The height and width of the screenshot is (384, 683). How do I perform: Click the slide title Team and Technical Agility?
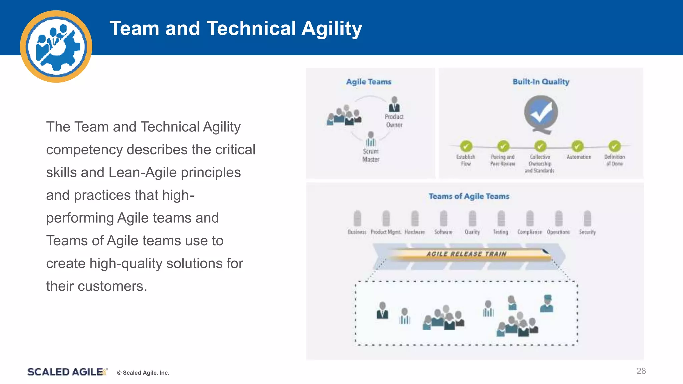tap(235, 28)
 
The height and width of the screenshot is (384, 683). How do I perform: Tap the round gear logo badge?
tap(56, 47)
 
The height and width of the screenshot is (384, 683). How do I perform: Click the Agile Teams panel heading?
tap(369, 82)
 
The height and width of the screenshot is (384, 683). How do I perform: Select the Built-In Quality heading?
tap(541, 82)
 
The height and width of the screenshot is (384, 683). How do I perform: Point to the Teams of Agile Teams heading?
tap(469, 196)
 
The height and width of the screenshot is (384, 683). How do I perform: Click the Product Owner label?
tap(394, 121)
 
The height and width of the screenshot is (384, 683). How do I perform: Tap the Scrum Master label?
tap(371, 155)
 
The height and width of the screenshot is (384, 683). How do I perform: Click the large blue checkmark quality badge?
tap(541, 113)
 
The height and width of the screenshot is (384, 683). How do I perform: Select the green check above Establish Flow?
tap(466, 146)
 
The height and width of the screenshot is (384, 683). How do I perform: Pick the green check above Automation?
tap(577, 146)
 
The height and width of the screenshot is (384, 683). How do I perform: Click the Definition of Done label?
tap(614, 160)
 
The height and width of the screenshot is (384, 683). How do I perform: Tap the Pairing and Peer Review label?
tap(503, 160)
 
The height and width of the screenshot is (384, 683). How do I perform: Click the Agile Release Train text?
tap(466, 254)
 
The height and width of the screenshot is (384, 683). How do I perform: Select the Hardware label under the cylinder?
tap(415, 232)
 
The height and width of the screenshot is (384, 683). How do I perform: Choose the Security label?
tap(587, 232)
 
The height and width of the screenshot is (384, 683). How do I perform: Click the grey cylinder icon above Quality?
tap(472, 219)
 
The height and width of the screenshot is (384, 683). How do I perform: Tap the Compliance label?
tap(529, 232)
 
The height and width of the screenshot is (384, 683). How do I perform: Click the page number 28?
tap(641, 371)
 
